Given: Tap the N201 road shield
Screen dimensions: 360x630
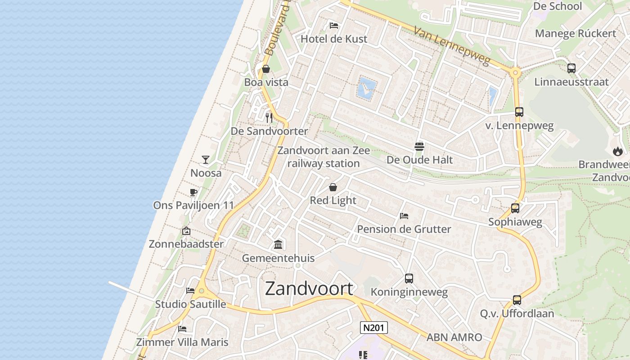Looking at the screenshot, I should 374,328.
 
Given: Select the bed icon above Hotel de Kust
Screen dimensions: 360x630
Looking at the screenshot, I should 334,25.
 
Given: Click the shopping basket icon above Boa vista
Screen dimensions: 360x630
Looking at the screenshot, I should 266,69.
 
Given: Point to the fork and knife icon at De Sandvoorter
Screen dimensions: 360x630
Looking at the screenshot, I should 269,118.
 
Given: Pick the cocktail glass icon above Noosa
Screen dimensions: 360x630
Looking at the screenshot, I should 206,160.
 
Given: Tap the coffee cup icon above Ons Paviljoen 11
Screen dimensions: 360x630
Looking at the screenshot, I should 193,193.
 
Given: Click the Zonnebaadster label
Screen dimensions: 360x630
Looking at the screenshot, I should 186,244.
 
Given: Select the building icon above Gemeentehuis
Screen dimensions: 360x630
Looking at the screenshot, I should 278,245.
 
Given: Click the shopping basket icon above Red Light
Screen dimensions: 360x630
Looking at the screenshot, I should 333,187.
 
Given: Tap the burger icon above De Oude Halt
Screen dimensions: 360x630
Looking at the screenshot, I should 419,146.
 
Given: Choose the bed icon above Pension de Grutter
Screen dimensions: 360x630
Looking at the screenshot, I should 404,216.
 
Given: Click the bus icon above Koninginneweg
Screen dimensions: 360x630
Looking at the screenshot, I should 409,279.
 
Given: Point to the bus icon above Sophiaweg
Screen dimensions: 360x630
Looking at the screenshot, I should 515,208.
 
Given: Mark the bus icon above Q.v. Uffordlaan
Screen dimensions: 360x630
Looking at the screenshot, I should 517,300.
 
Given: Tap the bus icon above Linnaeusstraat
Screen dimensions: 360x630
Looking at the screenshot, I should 571,68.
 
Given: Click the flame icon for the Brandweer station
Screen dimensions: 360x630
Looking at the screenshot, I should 618,151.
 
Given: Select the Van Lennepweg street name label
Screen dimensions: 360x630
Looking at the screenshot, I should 451,45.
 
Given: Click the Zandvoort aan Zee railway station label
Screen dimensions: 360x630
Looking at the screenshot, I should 324,157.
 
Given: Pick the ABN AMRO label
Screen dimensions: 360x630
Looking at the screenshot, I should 454,337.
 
